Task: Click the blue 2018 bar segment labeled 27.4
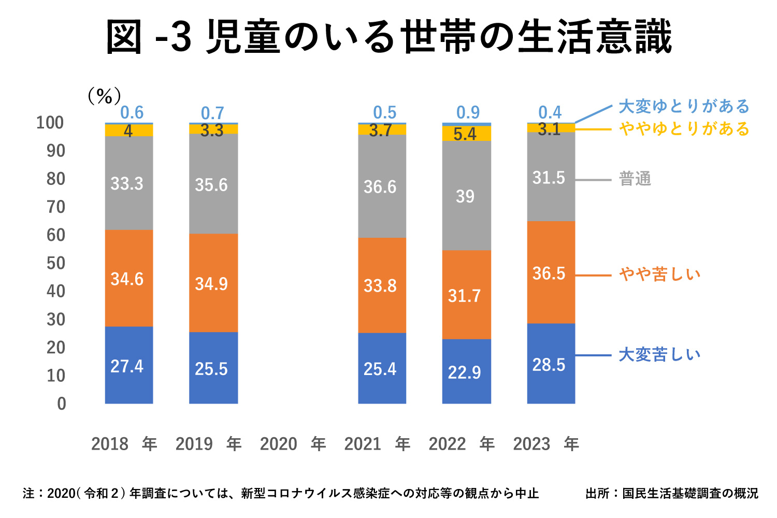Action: [129, 365]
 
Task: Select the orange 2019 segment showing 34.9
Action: [213, 283]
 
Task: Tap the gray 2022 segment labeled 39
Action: [466, 196]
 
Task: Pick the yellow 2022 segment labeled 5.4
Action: [466, 134]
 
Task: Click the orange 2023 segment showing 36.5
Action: [551, 272]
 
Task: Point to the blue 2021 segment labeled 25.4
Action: [382, 368]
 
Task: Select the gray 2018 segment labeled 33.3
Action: [129, 183]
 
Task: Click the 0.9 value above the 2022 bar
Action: [468, 112]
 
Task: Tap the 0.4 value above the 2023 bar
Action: [550, 112]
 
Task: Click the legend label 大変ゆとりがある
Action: [684, 106]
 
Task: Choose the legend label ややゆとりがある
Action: [684, 128]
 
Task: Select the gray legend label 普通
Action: [635, 179]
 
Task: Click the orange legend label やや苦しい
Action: [659, 274]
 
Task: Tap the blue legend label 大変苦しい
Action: [659, 355]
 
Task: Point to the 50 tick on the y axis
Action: [56, 263]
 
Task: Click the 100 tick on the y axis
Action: [50, 123]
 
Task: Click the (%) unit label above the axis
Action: [104, 96]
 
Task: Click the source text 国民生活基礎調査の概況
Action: [690, 493]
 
